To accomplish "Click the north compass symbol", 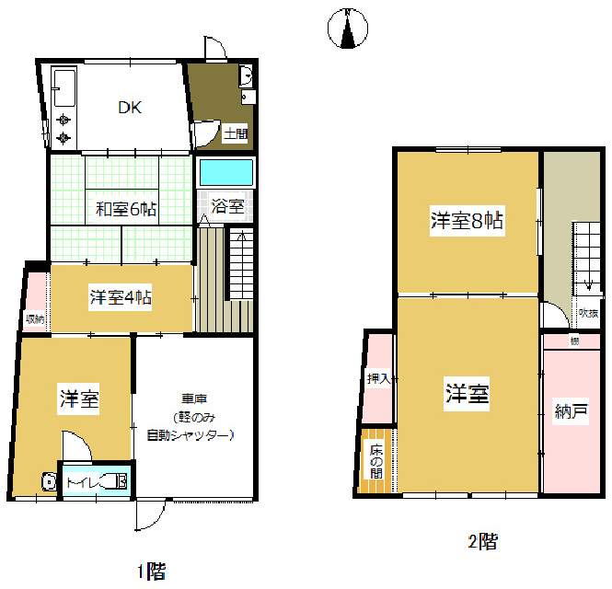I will click(x=348, y=29).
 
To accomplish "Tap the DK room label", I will click(x=129, y=108).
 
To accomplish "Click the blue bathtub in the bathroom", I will click(x=225, y=173).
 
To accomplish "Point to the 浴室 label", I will click(x=224, y=206).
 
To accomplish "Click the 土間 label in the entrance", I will click(x=236, y=134).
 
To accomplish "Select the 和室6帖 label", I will click(x=125, y=209).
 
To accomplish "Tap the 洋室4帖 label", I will click(x=121, y=297).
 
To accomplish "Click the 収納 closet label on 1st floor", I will click(x=35, y=319).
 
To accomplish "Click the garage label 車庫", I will click(x=192, y=399).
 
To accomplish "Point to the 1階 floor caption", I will click(x=152, y=572).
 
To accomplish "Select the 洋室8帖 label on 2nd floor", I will click(x=467, y=221).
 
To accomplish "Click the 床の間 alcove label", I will click(x=376, y=459).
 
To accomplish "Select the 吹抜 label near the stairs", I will click(x=587, y=313).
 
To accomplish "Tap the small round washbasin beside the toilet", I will click(x=48, y=481).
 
